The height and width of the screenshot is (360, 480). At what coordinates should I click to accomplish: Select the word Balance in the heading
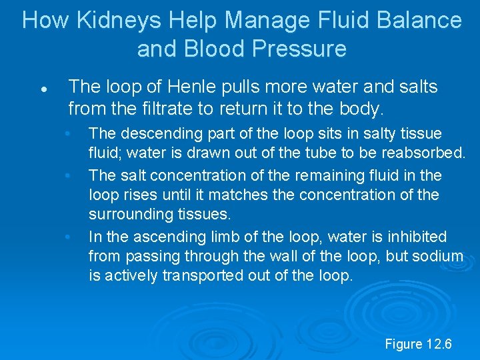pyautogui.click(x=419, y=20)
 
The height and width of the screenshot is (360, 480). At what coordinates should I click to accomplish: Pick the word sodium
pyautogui.click(x=439, y=257)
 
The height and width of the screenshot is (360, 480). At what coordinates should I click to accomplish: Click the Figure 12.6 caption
pyautogui.click(x=418, y=344)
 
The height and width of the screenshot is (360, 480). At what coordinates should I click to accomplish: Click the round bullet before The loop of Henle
pyautogui.click(x=42, y=88)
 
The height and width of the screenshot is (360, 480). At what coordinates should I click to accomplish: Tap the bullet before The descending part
pyautogui.click(x=67, y=134)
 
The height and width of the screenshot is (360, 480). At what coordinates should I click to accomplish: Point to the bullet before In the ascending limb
pyautogui.click(x=67, y=237)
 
